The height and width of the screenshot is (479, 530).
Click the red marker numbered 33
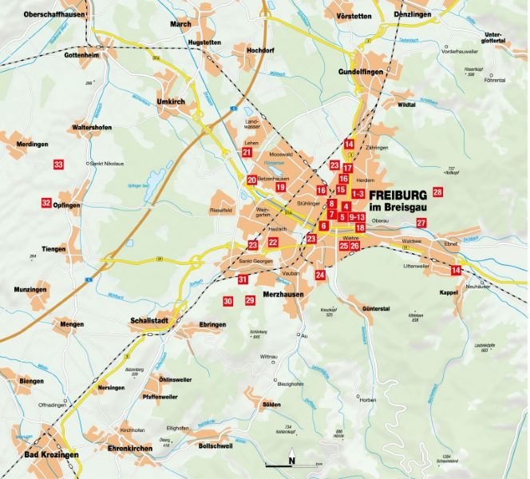coord(57,164)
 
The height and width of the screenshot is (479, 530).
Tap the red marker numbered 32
coord(46,203)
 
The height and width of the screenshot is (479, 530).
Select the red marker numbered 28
coord(437,192)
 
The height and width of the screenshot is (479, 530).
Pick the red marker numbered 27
coord(421,223)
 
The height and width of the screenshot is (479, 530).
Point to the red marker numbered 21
coord(247,152)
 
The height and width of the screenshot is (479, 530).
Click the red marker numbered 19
coord(280,187)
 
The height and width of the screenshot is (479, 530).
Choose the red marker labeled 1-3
coord(358,193)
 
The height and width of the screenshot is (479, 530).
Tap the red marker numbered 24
coord(320,275)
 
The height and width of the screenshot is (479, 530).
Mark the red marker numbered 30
coord(227,301)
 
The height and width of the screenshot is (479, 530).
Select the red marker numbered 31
coord(243,279)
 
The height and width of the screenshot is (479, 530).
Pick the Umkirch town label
coord(171,102)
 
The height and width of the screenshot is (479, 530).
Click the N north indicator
coord(292,460)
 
